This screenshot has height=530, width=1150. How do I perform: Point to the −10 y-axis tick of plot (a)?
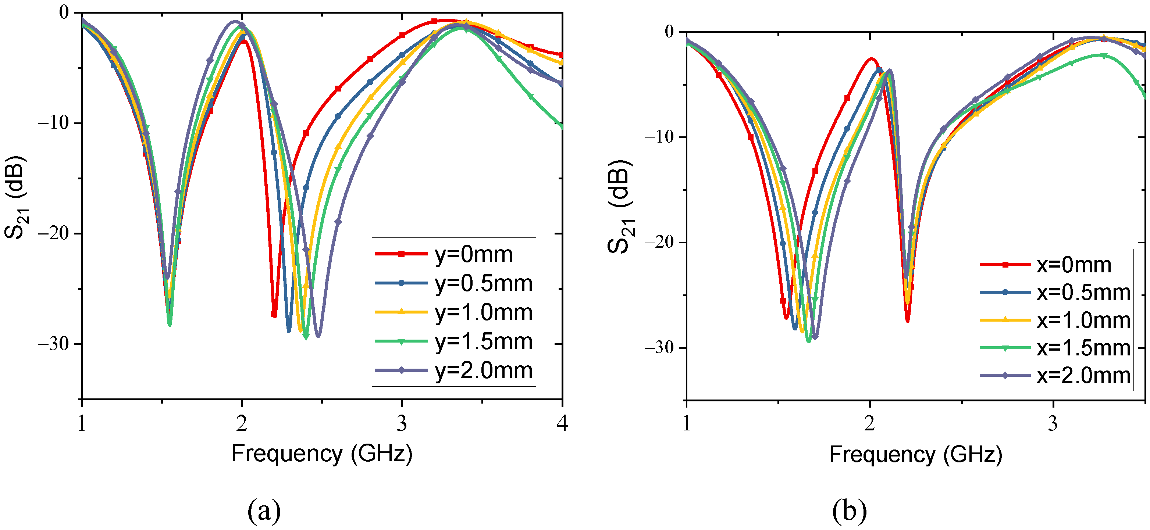pos(54,123)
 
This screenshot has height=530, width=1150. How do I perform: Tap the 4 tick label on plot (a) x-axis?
pos(562,423)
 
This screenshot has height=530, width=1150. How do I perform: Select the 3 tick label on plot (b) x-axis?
pos(1053,423)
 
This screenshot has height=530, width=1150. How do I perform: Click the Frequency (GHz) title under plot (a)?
pos(321,454)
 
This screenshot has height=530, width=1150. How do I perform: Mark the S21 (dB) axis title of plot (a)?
pos(15,197)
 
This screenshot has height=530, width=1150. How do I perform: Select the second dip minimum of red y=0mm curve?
pos(274,316)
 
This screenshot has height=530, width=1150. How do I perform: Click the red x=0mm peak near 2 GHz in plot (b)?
pos(871,59)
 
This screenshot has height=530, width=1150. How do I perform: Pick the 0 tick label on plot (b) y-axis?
pos(669,32)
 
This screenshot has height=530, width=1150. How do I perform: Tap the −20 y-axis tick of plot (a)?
pos(54,233)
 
